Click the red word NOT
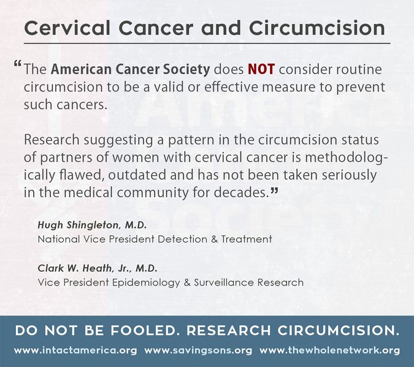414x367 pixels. click(261, 69)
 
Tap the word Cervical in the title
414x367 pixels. click(67, 28)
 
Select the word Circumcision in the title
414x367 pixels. click(317, 28)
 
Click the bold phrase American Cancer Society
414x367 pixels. click(131, 69)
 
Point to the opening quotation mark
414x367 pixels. click(17, 64)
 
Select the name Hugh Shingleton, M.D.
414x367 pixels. click(92, 225)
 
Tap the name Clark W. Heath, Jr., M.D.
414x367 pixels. click(98, 268)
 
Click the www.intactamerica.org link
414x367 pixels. click(75, 350)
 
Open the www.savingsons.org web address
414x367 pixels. click(198, 350)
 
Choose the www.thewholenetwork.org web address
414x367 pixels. click(329, 350)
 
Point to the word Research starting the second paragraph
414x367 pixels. click(52, 140)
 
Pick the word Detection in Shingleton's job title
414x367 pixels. click(182, 239)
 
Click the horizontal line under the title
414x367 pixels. click(207, 44)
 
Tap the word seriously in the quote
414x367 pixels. click(349, 175)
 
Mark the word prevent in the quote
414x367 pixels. click(361, 88)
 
